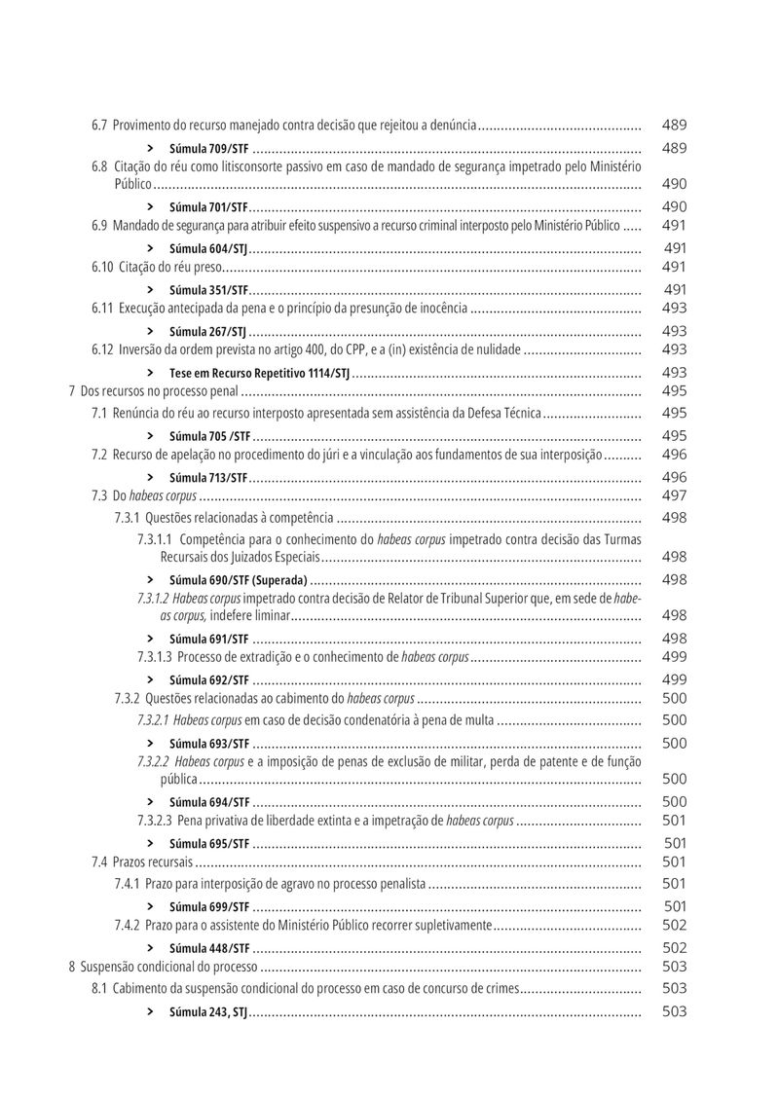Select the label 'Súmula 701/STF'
click(x=208, y=207)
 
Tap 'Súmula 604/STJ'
click(x=207, y=249)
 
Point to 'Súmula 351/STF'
click(x=208, y=290)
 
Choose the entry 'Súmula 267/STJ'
click(x=207, y=332)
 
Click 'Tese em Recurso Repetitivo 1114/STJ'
click(x=259, y=373)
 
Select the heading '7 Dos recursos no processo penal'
click(x=154, y=391)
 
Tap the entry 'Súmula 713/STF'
click(x=208, y=478)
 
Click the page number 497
click(x=674, y=495)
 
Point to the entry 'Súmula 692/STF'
click(x=208, y=680)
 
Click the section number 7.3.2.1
click(x=153, y=721)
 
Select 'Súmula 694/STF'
click(x=208, y=802)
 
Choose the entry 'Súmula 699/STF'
click(x=208, y=907)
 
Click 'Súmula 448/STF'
click(x=208, y=948)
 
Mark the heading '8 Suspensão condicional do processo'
click(x=163, y=968)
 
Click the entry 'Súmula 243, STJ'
click(x=208, y=1012)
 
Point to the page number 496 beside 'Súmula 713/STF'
click(x=674, y=477)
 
